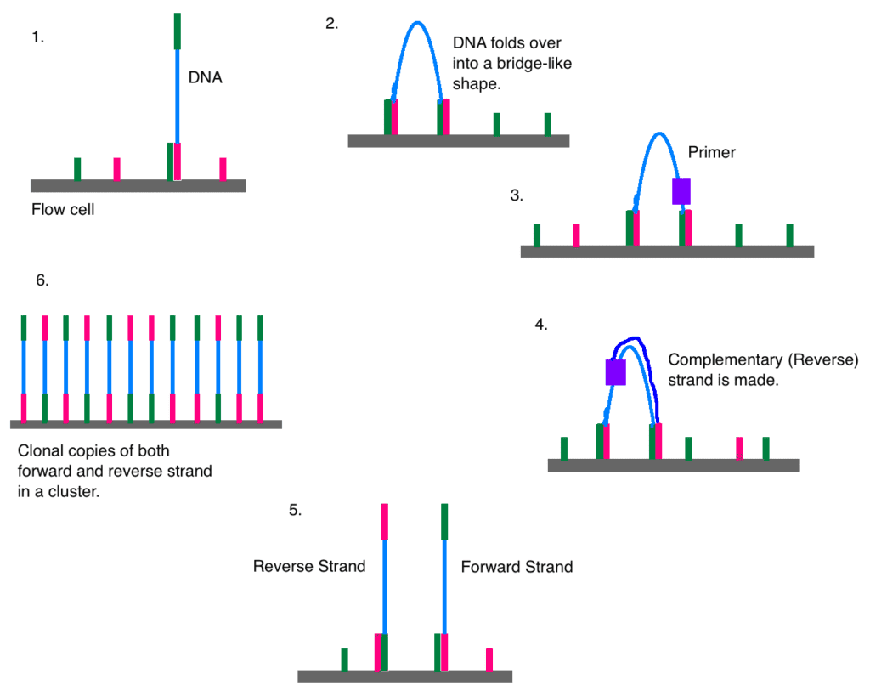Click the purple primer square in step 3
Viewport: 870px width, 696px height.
point(681,191)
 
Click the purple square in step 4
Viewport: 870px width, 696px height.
point(615,372)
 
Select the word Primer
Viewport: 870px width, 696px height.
point(711,153)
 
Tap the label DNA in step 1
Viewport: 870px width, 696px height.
point(205,78)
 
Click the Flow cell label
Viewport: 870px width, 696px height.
point(62,209)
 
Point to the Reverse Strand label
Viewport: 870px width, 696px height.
point(309,566)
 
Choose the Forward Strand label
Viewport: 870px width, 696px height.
point(517,566)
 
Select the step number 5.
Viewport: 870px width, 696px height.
point(296,512)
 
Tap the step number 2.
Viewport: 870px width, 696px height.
point(331,24)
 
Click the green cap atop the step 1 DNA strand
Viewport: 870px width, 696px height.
point(178,31)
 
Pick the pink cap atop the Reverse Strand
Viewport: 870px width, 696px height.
point(385,522)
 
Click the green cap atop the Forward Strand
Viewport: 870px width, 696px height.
point(444,522)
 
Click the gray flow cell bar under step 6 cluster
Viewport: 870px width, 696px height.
point(145,423)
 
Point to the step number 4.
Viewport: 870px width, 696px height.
point(541,325)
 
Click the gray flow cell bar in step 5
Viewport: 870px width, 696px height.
point(404,676)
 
